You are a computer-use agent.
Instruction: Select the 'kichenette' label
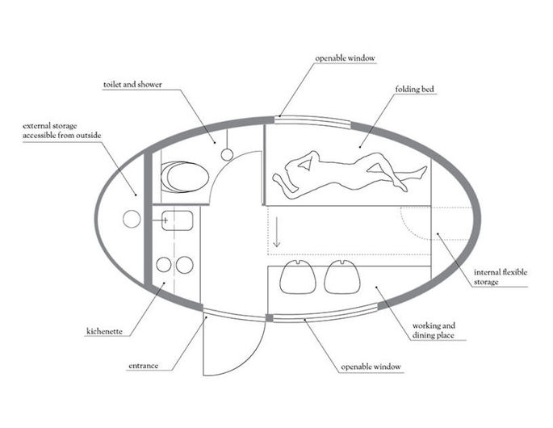105,332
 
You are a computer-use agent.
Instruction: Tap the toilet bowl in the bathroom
183,177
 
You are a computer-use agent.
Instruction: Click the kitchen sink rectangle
177,220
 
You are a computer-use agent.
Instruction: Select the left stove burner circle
164,264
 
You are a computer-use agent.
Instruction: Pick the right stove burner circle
185,264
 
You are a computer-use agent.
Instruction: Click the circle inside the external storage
130,218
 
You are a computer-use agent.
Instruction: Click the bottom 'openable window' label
369,367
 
